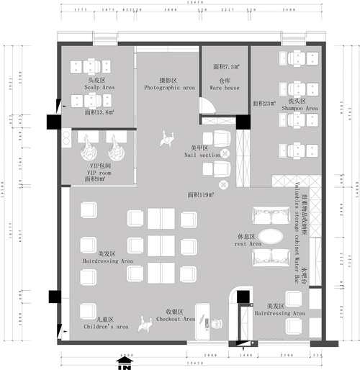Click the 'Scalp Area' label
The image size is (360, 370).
coord(99,87)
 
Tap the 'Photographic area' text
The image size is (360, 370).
coord(169,87)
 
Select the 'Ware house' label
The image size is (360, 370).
coord(224,88)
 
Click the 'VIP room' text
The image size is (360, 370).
coord(99,173)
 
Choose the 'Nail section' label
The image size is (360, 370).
coord(201,155)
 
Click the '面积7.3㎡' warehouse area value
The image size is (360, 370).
coord(225,66)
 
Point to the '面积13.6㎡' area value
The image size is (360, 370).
coord(99,113)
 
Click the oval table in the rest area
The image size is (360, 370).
coord(271,237)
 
